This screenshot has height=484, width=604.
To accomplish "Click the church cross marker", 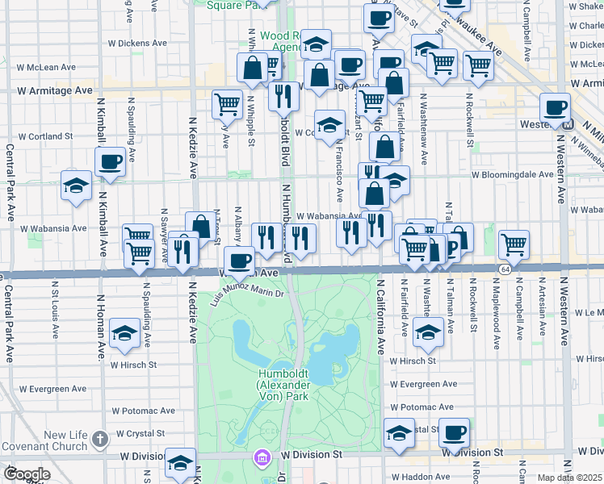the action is tap(100, 440).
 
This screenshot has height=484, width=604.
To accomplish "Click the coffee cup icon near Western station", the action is tap(555, 107).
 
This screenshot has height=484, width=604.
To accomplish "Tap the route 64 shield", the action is tap(505, 268).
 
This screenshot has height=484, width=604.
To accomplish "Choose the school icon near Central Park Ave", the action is tap(76, 186).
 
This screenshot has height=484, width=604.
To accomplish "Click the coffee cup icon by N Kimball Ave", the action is tap(111, 161).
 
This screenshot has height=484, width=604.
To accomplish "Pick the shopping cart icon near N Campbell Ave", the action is tap(514, 244).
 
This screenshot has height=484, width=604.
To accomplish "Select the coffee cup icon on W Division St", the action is tap(455, 432).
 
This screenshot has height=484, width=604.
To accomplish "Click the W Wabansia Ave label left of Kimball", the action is tap(57, 228).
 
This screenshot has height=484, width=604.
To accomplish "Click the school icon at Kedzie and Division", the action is tap(180, 462).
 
